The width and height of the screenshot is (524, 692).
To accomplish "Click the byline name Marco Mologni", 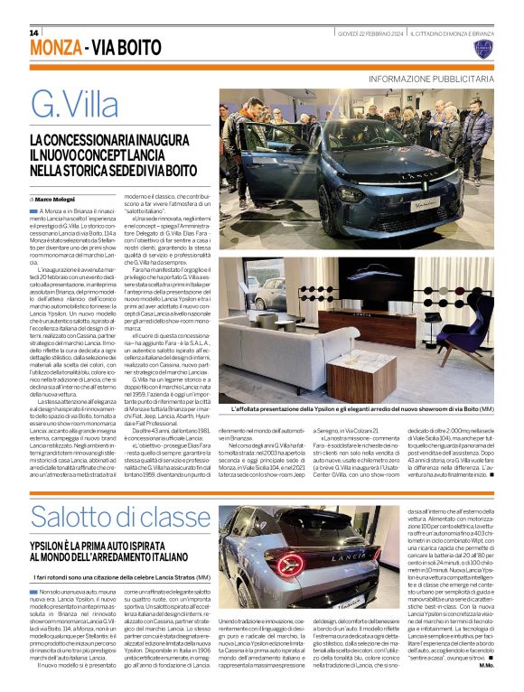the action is pos(57,198).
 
